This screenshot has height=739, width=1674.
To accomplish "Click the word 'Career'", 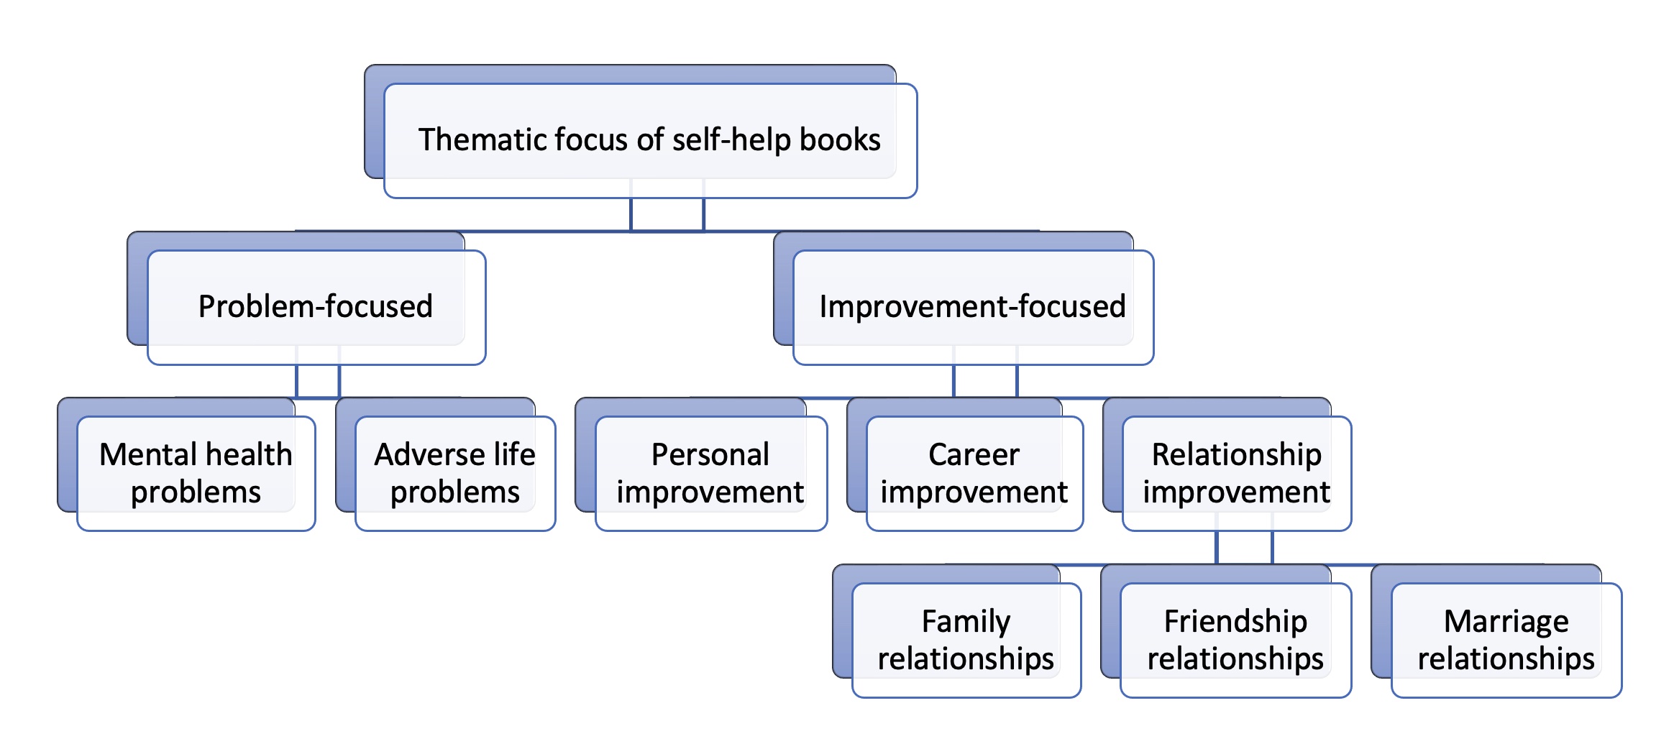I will (974, 454).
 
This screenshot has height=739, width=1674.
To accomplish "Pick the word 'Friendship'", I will (1235, 621).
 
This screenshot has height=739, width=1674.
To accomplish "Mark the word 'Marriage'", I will (1506, 621).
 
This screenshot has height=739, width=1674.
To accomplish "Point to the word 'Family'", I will (966, 621).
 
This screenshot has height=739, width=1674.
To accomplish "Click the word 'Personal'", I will (710, 454).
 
